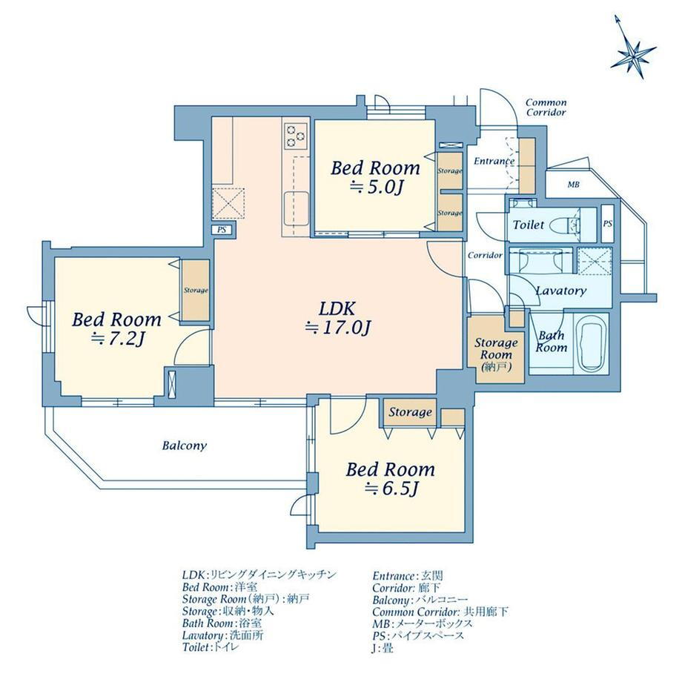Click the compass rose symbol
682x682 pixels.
[x=633, y=54]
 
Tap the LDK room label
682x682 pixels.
[x=337, y=309]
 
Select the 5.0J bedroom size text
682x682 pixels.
[x=377, y=188]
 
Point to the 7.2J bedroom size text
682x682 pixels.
[x=117, y=338]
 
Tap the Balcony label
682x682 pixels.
[x=185, y=446]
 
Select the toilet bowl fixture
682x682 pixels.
[x=565, y=225]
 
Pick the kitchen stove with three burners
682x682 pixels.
[x=296, y=135]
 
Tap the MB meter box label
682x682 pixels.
[x=573, y=185]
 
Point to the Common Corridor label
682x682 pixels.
[x=546, y=107]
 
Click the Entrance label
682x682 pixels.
[x=494, y=161]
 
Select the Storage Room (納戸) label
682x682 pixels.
[x=496, y=354]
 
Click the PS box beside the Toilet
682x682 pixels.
[x=608, y=224]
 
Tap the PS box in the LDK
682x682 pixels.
[x=222, y=230]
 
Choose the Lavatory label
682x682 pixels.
[x=560, y=291]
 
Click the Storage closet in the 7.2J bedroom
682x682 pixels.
[x=195, y=290]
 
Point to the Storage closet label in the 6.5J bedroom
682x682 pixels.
[x=410, y=412]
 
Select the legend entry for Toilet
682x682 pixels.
[x=211, y=647]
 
